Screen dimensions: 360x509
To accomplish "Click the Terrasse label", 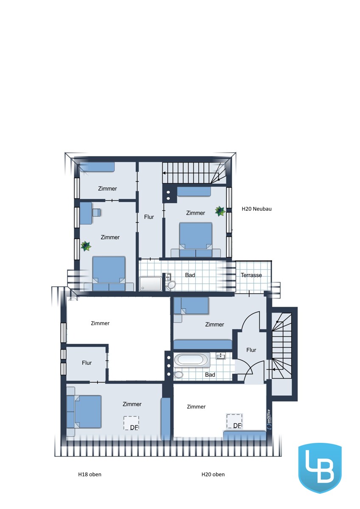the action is click(x=251, y=275).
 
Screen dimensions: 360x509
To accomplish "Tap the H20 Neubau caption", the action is click(x=256, y=209).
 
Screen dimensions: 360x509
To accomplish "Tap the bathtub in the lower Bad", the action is click(x=192, y=360).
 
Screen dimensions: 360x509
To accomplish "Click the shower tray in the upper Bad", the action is click(x=151, y=284).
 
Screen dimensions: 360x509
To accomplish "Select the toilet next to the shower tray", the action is click(x=171, y=285).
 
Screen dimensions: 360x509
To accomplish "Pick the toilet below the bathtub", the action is click(x=178, y=374).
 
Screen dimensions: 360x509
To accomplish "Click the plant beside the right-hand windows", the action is click(x=220, y=211).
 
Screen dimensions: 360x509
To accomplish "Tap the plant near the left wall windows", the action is click(x=86, y=246).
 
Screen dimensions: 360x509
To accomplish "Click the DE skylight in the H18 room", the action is click(x=131, y=423).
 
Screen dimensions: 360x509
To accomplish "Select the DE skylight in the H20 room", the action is click(x=234, y=421).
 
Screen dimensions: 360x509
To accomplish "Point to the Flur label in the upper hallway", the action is click(x=149, y=217).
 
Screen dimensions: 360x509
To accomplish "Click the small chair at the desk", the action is click(x=96, y=213).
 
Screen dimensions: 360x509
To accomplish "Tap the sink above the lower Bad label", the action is click(x=220, y=356).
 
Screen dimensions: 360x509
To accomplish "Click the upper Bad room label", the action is click(x=190, y=275).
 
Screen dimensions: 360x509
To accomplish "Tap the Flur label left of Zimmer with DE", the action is click(x=87, y=363).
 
